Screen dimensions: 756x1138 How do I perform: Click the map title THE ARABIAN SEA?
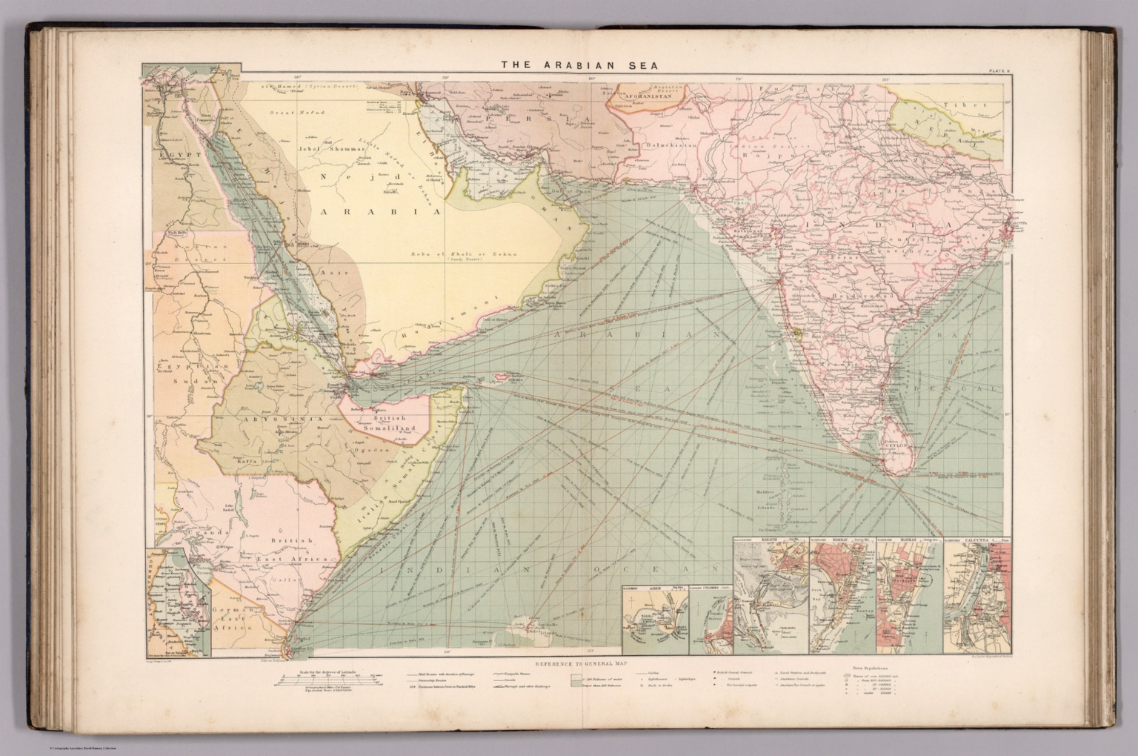click(x=569, y=64)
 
